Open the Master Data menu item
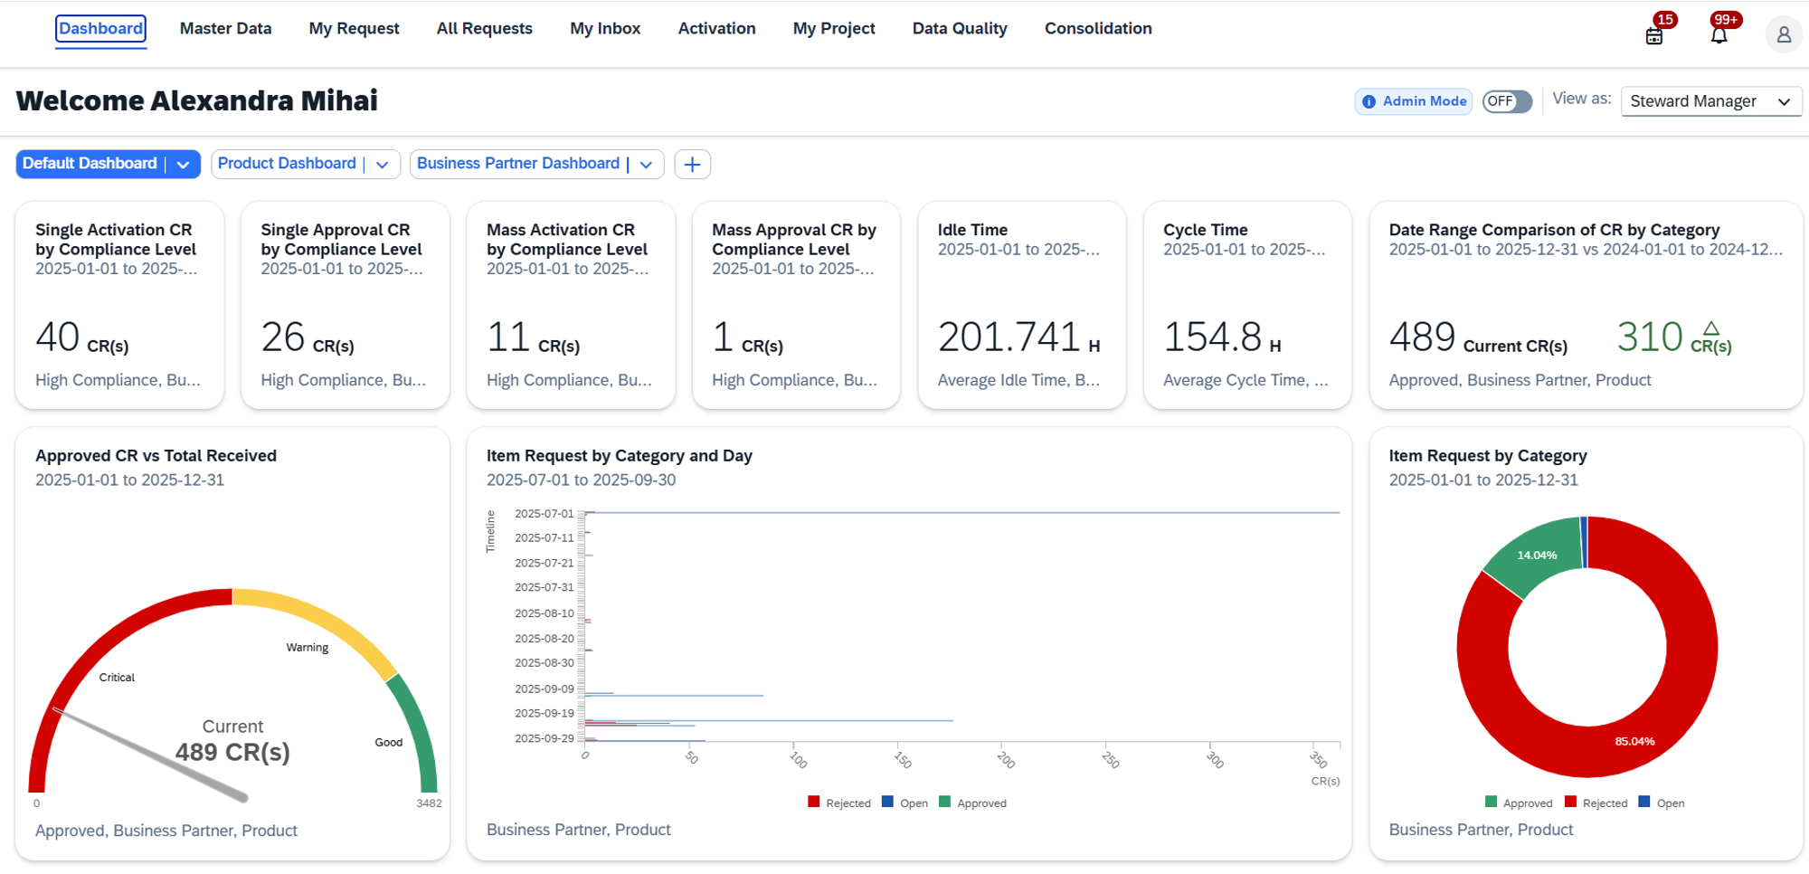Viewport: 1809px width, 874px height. pos(225,29)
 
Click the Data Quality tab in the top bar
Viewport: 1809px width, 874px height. pos(959,29)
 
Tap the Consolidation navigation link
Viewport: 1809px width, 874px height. pos(1097,29)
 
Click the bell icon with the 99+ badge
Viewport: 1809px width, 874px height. pos(1719,35)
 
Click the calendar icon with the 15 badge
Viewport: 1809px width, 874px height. pos(1653,36)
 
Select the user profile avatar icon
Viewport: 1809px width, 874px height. pos(1783,35)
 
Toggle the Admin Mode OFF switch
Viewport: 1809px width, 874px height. pos(1506,101)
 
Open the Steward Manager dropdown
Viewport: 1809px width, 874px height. pos(1710,101)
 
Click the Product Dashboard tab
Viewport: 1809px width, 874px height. pos(287,164)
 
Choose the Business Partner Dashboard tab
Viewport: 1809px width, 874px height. pos(517,164)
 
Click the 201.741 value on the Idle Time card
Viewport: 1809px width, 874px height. pos(1009,337)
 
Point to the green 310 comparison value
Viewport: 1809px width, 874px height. pos(1649,337)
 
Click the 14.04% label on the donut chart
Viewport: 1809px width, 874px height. pos(1537,556)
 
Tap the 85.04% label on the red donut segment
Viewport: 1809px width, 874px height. pos(1634,741)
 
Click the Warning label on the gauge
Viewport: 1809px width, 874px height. pos(308,648)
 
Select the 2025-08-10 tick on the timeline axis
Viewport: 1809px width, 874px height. pos(544,613)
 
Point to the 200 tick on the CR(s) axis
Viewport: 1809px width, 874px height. pos(1006,760)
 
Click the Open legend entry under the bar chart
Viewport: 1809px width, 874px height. pos(905,803)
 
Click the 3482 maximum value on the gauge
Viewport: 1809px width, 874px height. pos(429,803)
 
